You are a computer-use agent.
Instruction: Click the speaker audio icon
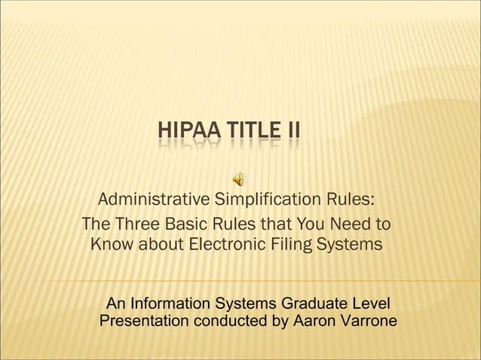pos(238,178)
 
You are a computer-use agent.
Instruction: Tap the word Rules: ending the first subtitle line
pos(351,200)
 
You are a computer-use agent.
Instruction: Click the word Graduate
pos(317,304)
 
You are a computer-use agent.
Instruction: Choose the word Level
pos(372,304)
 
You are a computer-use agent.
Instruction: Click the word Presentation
pos(145,322)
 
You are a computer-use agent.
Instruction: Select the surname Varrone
pos(370,322)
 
